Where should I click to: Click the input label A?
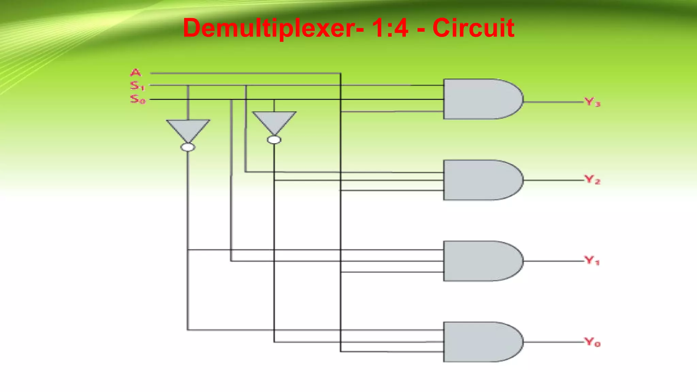[135, 72]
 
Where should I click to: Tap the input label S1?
[137, 86]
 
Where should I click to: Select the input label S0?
[138, 99]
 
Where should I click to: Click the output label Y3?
[592, 102]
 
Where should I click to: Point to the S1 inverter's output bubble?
[188, 147]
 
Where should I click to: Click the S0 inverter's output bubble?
[274, 140]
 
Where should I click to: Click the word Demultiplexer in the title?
[269, 28]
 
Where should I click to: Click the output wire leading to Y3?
[553, 101]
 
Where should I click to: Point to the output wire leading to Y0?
[553, 342]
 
